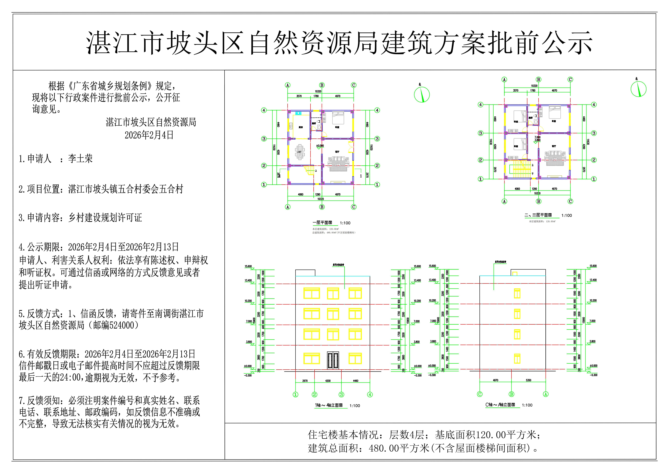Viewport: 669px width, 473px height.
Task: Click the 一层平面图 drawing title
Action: (x=322, y=223)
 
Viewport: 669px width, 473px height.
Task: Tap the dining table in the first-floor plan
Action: (x=300, y=152)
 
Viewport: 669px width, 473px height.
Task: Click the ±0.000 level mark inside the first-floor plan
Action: (x=320, y=146)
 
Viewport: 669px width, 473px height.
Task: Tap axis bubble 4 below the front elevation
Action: (x=370, y=395)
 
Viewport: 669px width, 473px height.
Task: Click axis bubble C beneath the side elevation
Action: (x=480, y=394)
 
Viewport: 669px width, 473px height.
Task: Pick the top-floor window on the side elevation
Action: (x=517, y=293)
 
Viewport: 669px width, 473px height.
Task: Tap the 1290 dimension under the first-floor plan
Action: (x=318, y=194)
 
